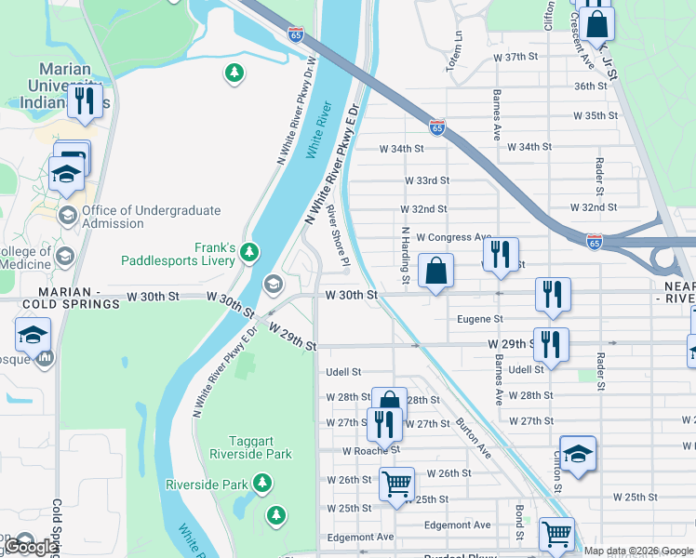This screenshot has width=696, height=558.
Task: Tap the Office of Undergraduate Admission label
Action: click(x=151, y=217)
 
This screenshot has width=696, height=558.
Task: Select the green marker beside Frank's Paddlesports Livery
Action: click(x=248, y=252)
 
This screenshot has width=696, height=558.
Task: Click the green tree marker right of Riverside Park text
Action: click(x=263, y=484)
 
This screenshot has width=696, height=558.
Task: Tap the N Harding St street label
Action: click(x=406, y=254)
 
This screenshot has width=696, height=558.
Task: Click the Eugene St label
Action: click(x=480, y=319)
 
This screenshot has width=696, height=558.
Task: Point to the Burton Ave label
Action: click(x=474, y=436)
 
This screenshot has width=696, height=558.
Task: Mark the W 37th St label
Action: click(x=516, y=57)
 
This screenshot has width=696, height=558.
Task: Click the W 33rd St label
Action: click(x=427, y=180)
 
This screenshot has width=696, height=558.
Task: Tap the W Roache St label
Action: click(x=370, y=450)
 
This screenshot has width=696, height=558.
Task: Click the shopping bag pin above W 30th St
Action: click(x=435, y=272)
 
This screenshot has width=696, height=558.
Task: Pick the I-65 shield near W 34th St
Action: click(x=436, y=126)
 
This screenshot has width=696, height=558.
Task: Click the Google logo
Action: click(x=31, y=548)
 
